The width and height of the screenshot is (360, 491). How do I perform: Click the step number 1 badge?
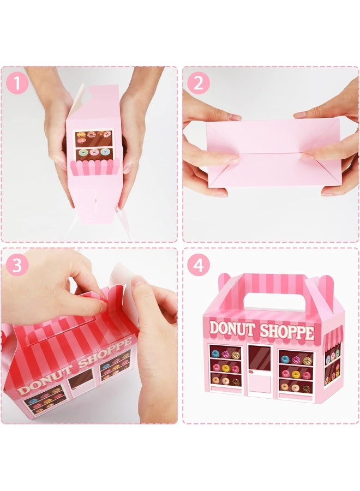click(x=17, y=83)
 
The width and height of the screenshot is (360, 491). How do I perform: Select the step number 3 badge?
click(x=17, y=265)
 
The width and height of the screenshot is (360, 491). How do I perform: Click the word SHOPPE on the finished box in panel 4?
click(x=287, y=332)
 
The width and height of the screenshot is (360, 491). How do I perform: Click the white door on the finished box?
click(x=260, y=382)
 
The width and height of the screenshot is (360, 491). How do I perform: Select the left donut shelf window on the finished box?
click(x=226, y=366)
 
